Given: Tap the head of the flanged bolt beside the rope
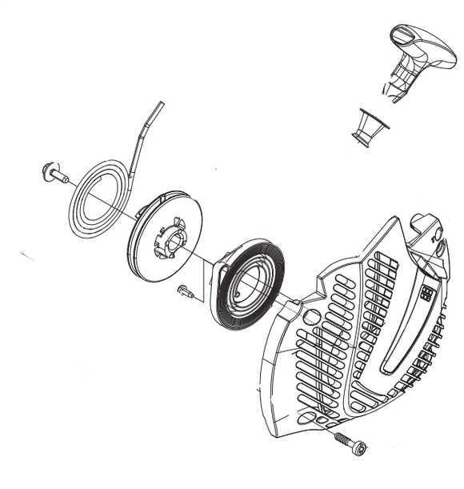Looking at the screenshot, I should click(x=47, y=169).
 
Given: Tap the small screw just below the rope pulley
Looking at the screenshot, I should click(x=187, y=292).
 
